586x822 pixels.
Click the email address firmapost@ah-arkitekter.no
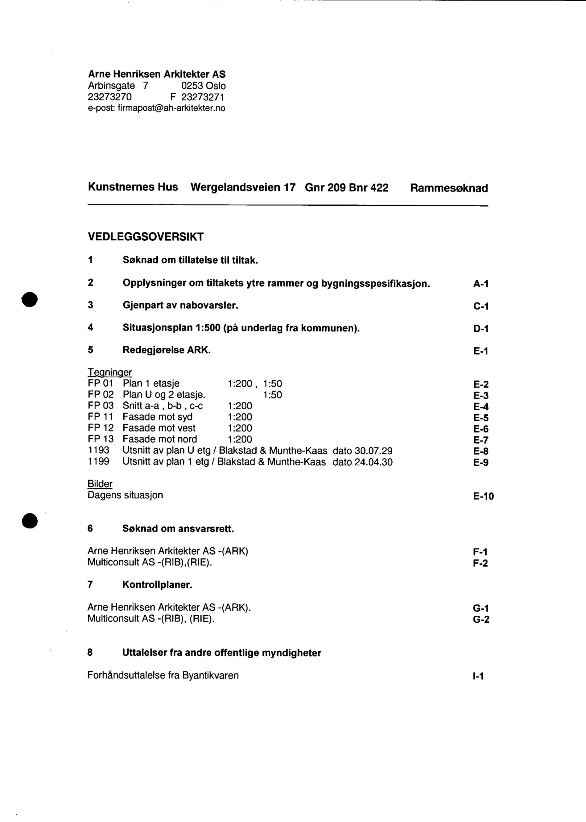[x=171, y=108]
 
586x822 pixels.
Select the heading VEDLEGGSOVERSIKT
[x=146, y=237]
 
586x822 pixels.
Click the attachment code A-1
[x=481, y=284]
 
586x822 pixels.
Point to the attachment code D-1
[x=481, y=329]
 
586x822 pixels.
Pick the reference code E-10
[x=483, y=496]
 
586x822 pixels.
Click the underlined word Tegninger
[x=110, y=372]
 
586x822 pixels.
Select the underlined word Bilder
[x=100, y=484]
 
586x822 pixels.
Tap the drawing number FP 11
[x=100, y=417]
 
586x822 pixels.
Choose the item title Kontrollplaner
[x=157, y=585]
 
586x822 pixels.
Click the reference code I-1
[x=478, y=676]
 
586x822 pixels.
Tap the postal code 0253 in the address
[x=192, y=86]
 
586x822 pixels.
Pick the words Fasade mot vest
[x=159, y=428]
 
